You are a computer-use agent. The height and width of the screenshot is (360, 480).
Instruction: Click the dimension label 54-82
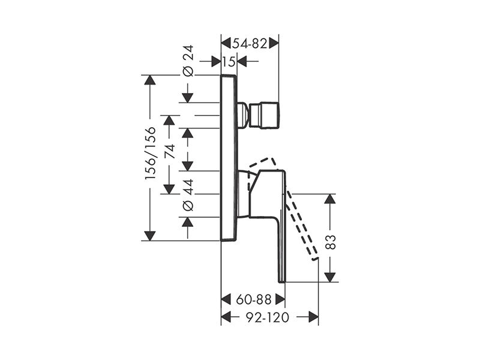pyautogui.click(x=250, y=43)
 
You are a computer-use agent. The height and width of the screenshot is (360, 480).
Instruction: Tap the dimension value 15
pyautogui.click(x=229, y=62)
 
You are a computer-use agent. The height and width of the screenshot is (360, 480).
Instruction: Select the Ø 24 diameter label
pyautogui.click(x=188, y=61)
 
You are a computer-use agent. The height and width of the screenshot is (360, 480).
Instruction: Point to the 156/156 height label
pyautogui.click(x=151, y=153)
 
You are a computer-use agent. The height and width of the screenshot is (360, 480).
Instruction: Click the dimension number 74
pyautogui.click(x=169, y=151)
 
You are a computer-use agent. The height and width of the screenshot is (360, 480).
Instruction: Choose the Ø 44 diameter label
pyautogui.click(x=188, y=195)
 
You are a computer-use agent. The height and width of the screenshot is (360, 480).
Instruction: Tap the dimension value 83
pyautogui.click(x=331, y=242)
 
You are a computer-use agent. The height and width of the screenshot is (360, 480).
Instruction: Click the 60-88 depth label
pyautogui.click(x=254, y=299)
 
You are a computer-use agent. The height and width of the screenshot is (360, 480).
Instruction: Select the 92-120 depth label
pyautogui.click(x=268, y=317)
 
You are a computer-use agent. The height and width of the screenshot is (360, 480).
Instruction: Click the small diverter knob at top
pyautogui.click(x=264, y=115)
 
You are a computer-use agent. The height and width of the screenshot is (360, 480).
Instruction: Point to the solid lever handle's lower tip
pyautogui.click(x=281, y=281)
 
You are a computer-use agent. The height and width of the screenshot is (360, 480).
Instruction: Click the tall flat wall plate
pyautogui.click(x=229, y=158)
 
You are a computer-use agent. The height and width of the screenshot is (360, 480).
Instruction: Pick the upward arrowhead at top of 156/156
pyautogui.click(x=149, y=80)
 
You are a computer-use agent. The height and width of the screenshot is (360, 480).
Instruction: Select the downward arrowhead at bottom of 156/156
pyautogui.click(x=149, y=236)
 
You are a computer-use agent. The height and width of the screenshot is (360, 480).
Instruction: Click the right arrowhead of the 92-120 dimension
pyautogui.click(x=313, y=317)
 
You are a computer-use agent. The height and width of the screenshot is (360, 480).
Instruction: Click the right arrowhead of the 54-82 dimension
pyautogui.click(x=274, y=43)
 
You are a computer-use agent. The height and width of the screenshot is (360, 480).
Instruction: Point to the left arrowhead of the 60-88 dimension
pyautogui.click(x=226, y=299)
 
